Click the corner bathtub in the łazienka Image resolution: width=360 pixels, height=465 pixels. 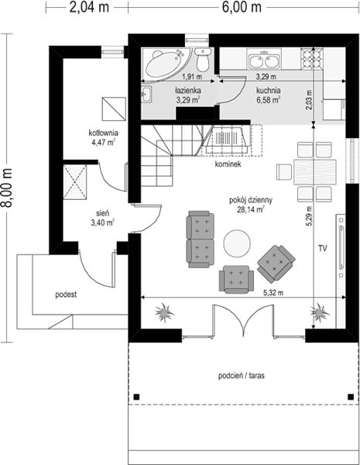(x=166, y=63)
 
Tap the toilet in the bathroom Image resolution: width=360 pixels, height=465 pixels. (x=203, y=60)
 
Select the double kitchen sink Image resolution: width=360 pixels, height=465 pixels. (x=264, y=60)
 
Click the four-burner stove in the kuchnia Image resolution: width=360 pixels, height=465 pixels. (x=312, y=59)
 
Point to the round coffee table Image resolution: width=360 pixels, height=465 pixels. (x=237, y=243)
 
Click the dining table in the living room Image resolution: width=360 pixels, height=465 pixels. (x=314, y=172)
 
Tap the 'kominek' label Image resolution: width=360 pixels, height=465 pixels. (x=228, y=164)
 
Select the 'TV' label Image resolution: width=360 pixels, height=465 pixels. (x=323, y=248)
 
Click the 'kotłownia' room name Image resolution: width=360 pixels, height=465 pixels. (x=104, y=133)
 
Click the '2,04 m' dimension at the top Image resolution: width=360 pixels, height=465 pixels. (x=89, y=7)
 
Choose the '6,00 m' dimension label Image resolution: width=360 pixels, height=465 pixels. (x=242, y=7)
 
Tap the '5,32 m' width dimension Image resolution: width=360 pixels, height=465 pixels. (x=273, y=293)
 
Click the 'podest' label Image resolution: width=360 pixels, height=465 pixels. (x=66, y=294)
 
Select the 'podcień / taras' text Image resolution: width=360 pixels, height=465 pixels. (x=242, y=376)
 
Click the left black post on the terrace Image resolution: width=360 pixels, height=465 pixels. (x=136, y=397)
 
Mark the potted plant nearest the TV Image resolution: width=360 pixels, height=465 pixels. (x=320, y=312)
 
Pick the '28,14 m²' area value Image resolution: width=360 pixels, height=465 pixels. (x=251, y=210)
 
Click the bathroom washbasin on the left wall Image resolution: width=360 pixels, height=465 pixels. (x=146, y=95)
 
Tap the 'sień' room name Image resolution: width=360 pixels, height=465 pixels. (x=103, y=213)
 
